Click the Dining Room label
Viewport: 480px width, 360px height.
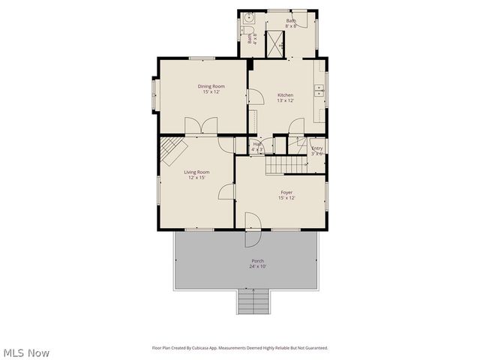(211, 86)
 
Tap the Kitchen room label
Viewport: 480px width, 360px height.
(285, 94)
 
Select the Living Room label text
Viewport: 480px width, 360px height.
(197, 172)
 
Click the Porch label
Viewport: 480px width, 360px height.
(256, 261)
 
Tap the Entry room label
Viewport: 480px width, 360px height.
(317, 148)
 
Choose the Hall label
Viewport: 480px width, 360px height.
(256, 144)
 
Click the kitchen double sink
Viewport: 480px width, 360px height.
(319, 89)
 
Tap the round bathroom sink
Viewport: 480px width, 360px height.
(247, 18)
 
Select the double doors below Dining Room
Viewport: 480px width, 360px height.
(202, 127)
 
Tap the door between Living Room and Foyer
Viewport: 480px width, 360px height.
(227, 192)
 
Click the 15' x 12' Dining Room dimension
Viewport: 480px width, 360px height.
(211, 91)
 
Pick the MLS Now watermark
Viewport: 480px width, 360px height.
(26, 352)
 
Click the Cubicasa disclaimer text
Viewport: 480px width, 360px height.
(240, 348)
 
